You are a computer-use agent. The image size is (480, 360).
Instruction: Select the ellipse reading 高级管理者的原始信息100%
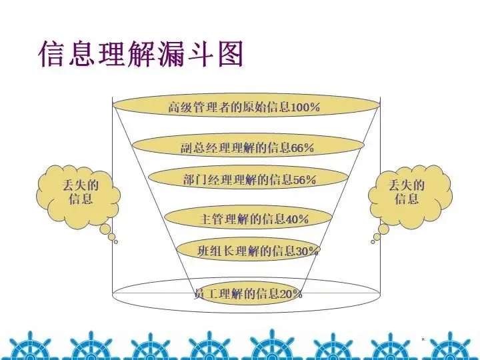(x=245, y=106)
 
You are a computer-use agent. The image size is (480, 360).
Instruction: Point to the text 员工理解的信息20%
(x=248, y=293)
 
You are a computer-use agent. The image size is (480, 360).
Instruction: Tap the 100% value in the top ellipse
(x=305, y=107)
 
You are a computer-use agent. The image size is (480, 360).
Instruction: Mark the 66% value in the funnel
(x=302, y=148)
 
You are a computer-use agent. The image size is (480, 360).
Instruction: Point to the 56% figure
(x=304, y=179)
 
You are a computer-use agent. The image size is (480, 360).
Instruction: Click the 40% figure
(x=297, y=219)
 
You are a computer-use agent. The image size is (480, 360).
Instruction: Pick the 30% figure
(x=307, y=251)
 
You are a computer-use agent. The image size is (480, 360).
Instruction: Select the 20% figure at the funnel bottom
(x=291, y=293)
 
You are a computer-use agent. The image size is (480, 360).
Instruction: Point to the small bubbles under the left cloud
(x=109, y=233)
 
